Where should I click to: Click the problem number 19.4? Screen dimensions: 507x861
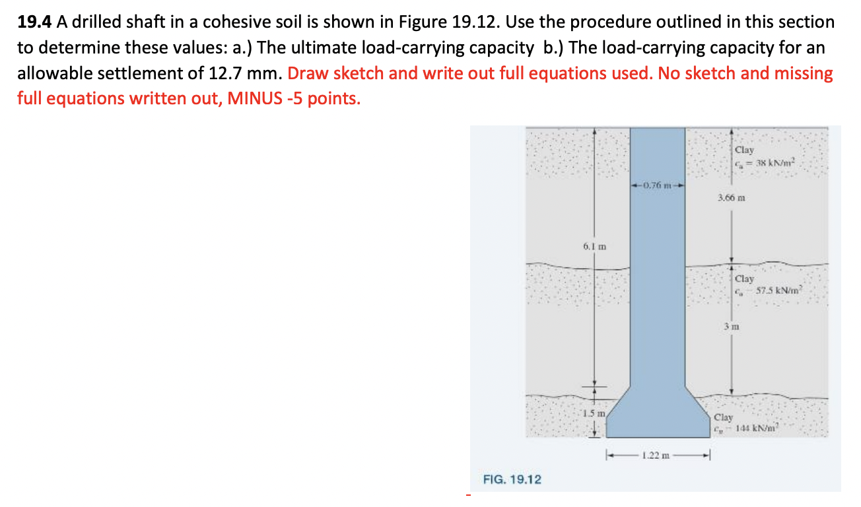35,22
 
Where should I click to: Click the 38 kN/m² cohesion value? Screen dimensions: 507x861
767,163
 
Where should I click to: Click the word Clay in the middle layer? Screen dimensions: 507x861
744,279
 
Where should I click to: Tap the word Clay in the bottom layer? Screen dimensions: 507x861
724,417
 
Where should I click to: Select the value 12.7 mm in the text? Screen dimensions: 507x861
252,73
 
